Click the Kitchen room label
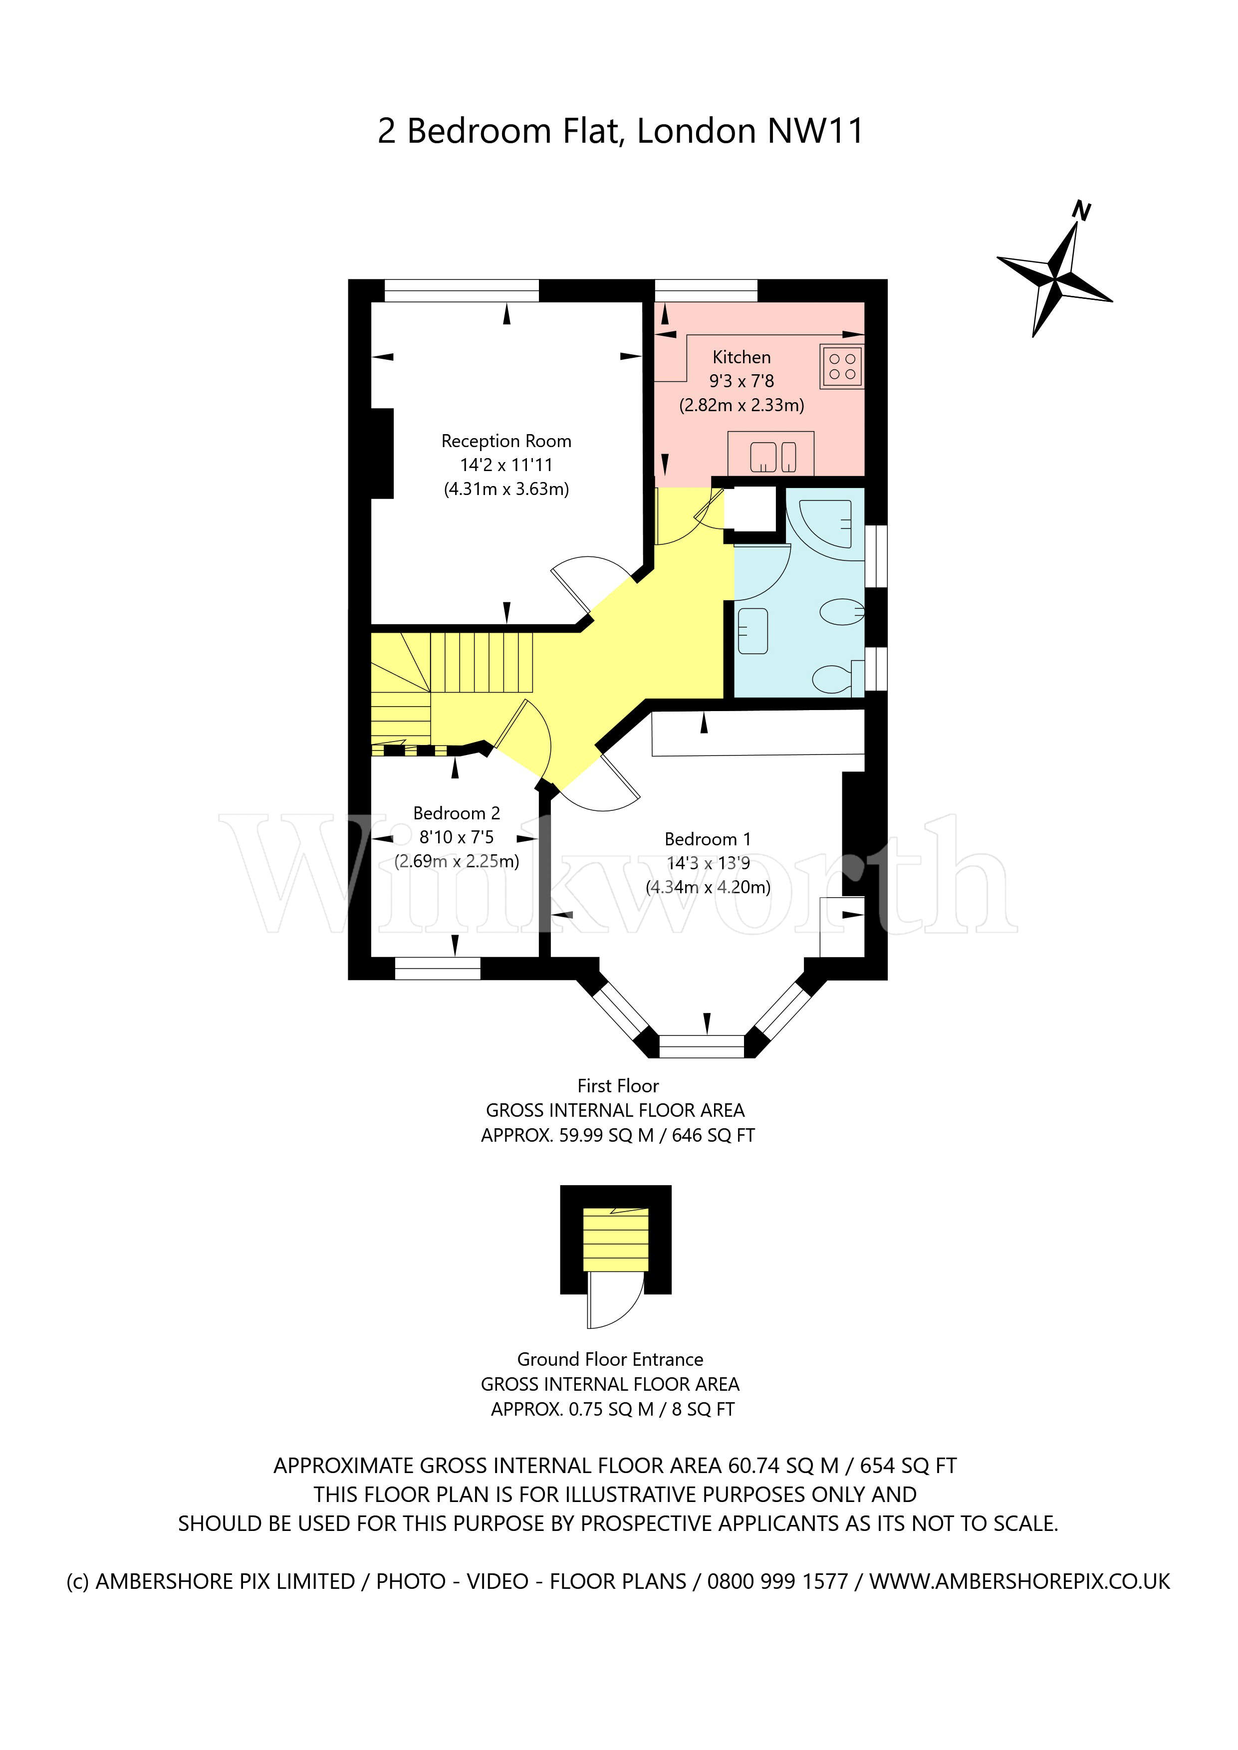pyautogui.click(x=741, y=357)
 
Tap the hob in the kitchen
pyautogui.click(x=842, y=367)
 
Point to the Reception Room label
pyautogui.click(x=506, y=441)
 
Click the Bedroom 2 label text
pyautogui.click(x=456, y=813)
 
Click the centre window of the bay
pyautogui.click(x=701, y=1046)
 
